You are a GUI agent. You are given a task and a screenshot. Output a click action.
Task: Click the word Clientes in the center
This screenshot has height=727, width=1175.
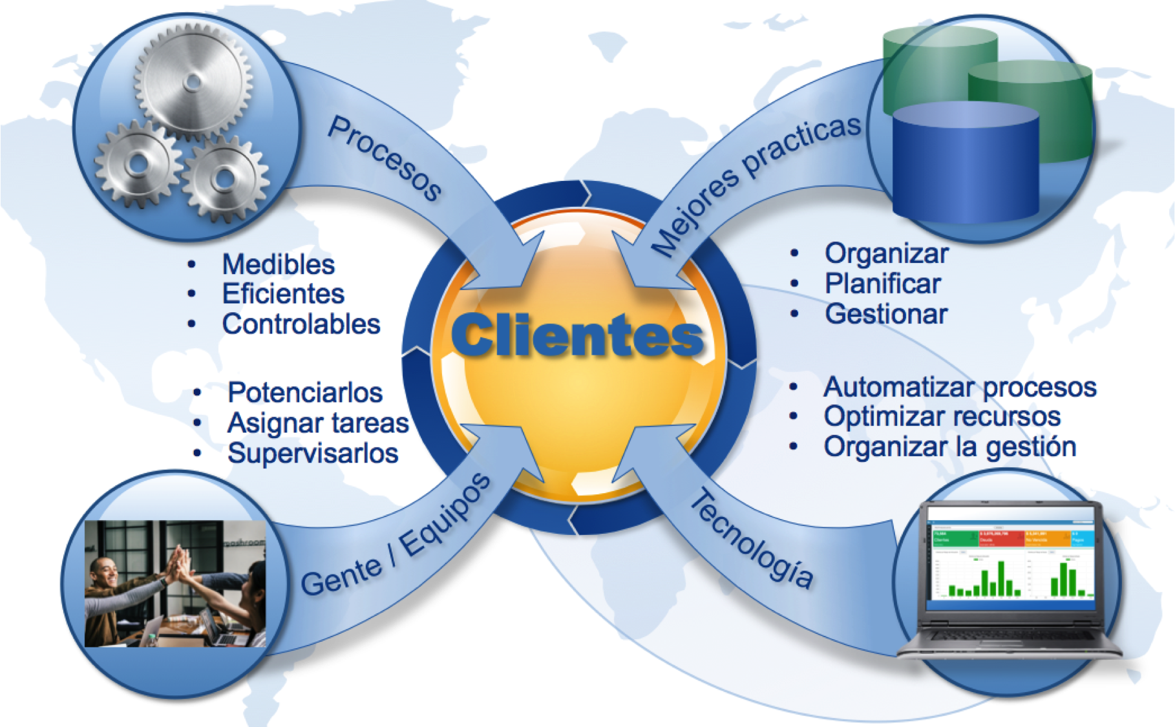pyautogui.click(x=577, y=335)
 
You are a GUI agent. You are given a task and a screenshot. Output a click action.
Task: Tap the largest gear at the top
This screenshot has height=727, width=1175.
pyautogui.click(x=192, y=81)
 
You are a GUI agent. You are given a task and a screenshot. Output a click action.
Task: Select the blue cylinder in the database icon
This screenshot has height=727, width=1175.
pyautogui.click(x=966, y=165)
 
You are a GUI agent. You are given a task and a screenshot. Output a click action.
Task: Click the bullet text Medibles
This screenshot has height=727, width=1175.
pyautogui.click(x=279, y=264)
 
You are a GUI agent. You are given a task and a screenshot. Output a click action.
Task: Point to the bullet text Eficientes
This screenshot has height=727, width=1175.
pyautogui.click(x=283, y=294)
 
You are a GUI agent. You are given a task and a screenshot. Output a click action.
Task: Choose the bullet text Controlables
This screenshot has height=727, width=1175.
pyautogui.click(x=301, y=324)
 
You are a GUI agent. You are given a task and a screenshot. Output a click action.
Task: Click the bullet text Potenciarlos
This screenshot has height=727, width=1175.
pyautogui.click(x=305, y=392)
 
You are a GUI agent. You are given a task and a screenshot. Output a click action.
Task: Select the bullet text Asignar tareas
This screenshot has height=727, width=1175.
pyautogui.click(x=318, y=423)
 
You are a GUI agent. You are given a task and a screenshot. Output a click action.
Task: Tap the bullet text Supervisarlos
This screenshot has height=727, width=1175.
pyautogui.click(x=313, y=454)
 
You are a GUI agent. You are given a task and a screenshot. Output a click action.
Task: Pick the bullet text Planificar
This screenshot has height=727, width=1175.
pyautogui.click(x=883, y=284)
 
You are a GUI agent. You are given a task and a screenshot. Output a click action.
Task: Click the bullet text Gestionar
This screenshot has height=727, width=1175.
pyautogui.click(x=886, y=314)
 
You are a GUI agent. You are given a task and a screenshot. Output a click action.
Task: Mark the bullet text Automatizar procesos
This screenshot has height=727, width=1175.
pyautogui.click(x=960, y=387)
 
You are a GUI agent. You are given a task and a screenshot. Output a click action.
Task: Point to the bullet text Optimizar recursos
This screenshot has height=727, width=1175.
pyautogui.click(x=942, y=417)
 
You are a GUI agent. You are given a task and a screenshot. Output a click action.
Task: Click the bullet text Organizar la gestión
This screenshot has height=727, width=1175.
pyautogui.click(x=949, y=447)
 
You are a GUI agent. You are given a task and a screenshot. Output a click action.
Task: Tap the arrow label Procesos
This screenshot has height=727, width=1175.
pyautogui.click(x=385, y=158)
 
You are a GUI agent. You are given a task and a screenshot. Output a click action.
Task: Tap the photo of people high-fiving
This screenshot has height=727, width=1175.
pyautogui.click(x=175, y=584)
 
